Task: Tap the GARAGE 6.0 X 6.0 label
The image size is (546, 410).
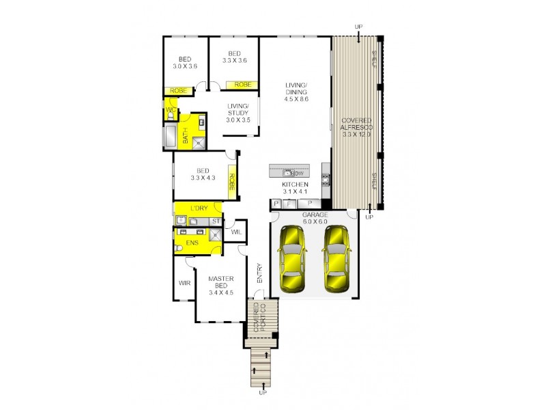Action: [315, 217]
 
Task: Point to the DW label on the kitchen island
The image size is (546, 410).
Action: [298, 172]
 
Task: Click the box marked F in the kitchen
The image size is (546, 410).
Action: [289, 204]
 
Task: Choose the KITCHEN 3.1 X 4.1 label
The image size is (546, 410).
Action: [296, 189]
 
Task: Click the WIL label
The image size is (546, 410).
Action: [236, 232]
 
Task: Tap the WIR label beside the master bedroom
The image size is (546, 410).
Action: [184, 282]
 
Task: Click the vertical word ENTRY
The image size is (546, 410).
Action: [259, 273]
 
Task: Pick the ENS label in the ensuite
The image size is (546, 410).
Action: [192, 242]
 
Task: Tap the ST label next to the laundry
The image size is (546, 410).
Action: [215, 221]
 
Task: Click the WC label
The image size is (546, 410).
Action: [170, 109]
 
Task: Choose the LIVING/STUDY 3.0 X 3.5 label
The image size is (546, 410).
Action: [238, 113]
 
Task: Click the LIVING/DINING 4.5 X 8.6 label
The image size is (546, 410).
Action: [297, 92]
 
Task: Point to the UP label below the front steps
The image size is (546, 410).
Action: [262, 393]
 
